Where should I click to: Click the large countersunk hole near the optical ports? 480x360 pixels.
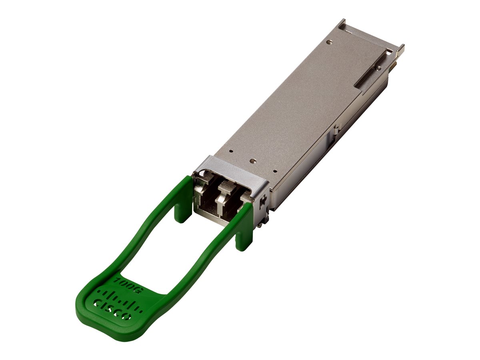pos(252,161)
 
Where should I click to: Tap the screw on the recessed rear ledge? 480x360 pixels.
pos(377,68)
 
